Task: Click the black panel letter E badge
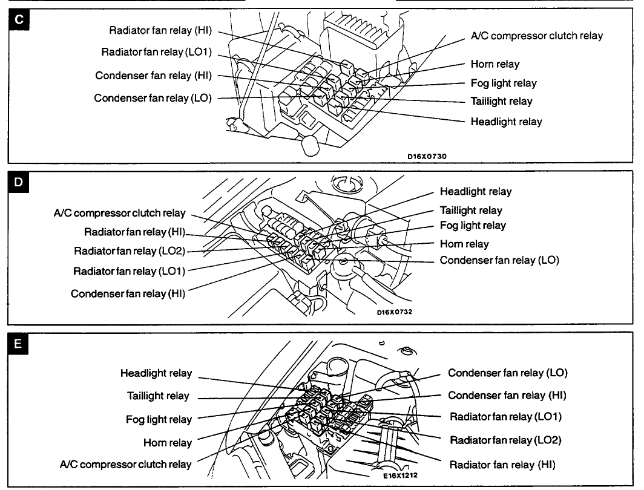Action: [19, 344]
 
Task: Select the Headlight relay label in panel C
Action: [506, 122]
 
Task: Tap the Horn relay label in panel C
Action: [494, 64]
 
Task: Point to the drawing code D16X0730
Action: [427, 155]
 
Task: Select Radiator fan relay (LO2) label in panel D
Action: [129, 250]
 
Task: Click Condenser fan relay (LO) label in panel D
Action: [499, 260]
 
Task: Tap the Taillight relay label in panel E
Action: [158, 396]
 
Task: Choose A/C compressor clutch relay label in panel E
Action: [125, 465]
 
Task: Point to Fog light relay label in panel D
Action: [473, 225]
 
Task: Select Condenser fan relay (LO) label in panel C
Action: [153, 97]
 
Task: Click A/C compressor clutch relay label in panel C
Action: [537, 36]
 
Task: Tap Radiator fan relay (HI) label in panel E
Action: [502, 465]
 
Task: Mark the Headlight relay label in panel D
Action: [475, 191]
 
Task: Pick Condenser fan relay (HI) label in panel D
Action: [128, 293]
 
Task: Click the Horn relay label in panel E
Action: [167, 443]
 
